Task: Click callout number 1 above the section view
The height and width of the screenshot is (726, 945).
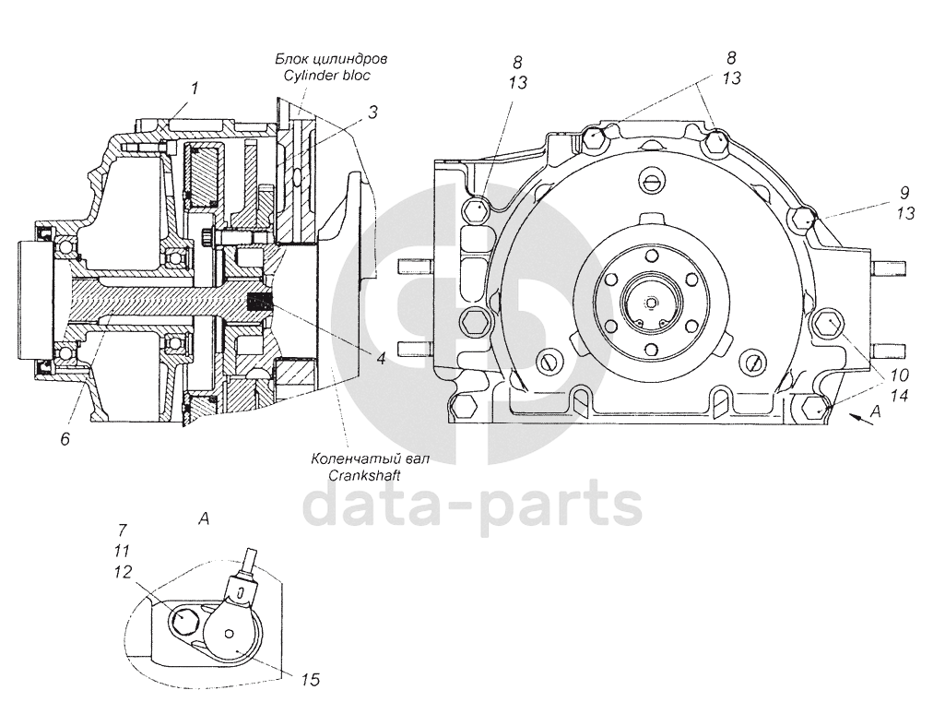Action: (194, 88)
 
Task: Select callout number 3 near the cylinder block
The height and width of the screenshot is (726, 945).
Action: (373, 113)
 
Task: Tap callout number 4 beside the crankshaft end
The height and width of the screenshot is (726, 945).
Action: (381, 358)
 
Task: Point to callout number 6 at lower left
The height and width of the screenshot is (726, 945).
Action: (65, 438)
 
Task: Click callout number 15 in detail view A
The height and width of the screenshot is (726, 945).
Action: (310, 680)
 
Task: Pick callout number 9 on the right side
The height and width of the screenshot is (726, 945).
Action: (904, 193)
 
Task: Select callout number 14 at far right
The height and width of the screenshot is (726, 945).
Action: (899, 396)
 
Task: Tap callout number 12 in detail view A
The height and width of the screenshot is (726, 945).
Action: (123, 571)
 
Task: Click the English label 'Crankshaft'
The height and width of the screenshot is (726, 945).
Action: (364, 475)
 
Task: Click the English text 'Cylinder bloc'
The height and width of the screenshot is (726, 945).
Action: (328, 76)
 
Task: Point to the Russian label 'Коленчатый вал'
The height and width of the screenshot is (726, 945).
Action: (370, 458)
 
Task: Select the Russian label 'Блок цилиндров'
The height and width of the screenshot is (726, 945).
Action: (331, 59)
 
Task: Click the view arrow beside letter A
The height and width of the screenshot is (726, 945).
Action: (860, 420)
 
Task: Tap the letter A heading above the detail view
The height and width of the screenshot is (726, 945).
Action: (204, 518)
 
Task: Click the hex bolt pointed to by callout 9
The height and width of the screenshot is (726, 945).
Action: (803, 219)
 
